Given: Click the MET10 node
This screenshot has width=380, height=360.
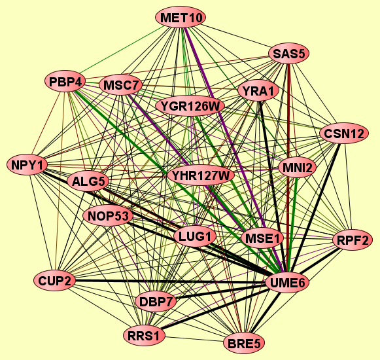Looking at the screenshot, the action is point(181,18).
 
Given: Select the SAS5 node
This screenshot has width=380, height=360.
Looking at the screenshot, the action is point(289,54).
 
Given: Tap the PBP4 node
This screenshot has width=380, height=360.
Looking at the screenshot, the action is point(65,82).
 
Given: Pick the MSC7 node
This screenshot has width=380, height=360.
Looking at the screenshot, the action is point(120,85).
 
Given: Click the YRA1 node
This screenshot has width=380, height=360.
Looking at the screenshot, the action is point(258,91).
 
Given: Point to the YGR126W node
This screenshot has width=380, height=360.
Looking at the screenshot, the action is point(190,106).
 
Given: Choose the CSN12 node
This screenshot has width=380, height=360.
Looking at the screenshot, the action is point(344,134).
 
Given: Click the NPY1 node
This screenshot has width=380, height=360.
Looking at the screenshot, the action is point(27,165).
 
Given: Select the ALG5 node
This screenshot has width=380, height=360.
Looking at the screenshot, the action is point(88,181).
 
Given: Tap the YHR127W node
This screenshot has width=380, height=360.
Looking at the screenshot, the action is point(201,175).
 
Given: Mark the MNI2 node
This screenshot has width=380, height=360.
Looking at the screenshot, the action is point(298,168).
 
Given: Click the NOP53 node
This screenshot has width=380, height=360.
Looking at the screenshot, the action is point(108,215).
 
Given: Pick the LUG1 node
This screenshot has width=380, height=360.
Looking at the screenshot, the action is point(195,236).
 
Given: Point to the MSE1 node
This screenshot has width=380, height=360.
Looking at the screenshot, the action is point(262,238).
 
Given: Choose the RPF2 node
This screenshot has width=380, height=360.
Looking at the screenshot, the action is point(353,240).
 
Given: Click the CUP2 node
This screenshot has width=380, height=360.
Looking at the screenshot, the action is point(55,281).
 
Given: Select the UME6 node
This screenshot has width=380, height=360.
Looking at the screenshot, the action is point(287,283).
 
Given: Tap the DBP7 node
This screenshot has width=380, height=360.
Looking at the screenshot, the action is point(156,302).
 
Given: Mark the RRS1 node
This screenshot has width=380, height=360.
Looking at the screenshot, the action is point(144,336).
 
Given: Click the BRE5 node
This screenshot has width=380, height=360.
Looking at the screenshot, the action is point(244,343).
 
